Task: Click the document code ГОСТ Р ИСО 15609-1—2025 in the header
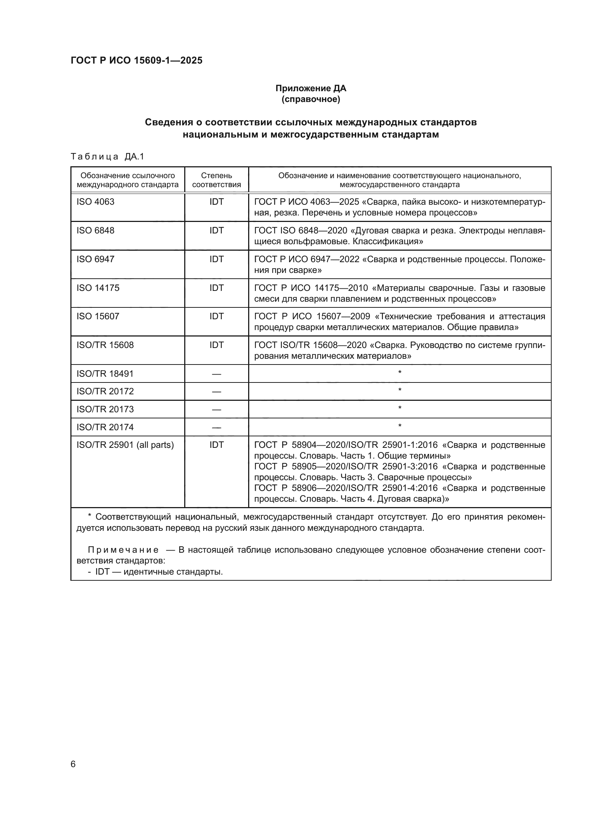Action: pos(136,60)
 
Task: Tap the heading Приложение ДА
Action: pos(311,88)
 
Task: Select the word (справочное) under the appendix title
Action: pos(311,99)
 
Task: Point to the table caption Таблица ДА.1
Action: pos(107,157)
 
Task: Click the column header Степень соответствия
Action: pos(216,180)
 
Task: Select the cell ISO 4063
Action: pos(96,201)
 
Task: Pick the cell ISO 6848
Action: pos(96,230)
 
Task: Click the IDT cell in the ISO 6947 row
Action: pos(216,259)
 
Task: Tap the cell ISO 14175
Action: pos(98,288)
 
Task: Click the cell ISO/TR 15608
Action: pos(105,345)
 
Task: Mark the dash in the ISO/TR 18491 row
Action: pos(216,374)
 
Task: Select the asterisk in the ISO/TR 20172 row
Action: pos(399,390)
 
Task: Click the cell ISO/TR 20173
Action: pos(105,409)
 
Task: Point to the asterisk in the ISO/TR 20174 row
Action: pos(399,426)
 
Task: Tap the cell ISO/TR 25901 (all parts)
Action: pos(125,445)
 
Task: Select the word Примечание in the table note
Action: pos(123,550)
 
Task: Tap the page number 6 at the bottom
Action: pos(73,764)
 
